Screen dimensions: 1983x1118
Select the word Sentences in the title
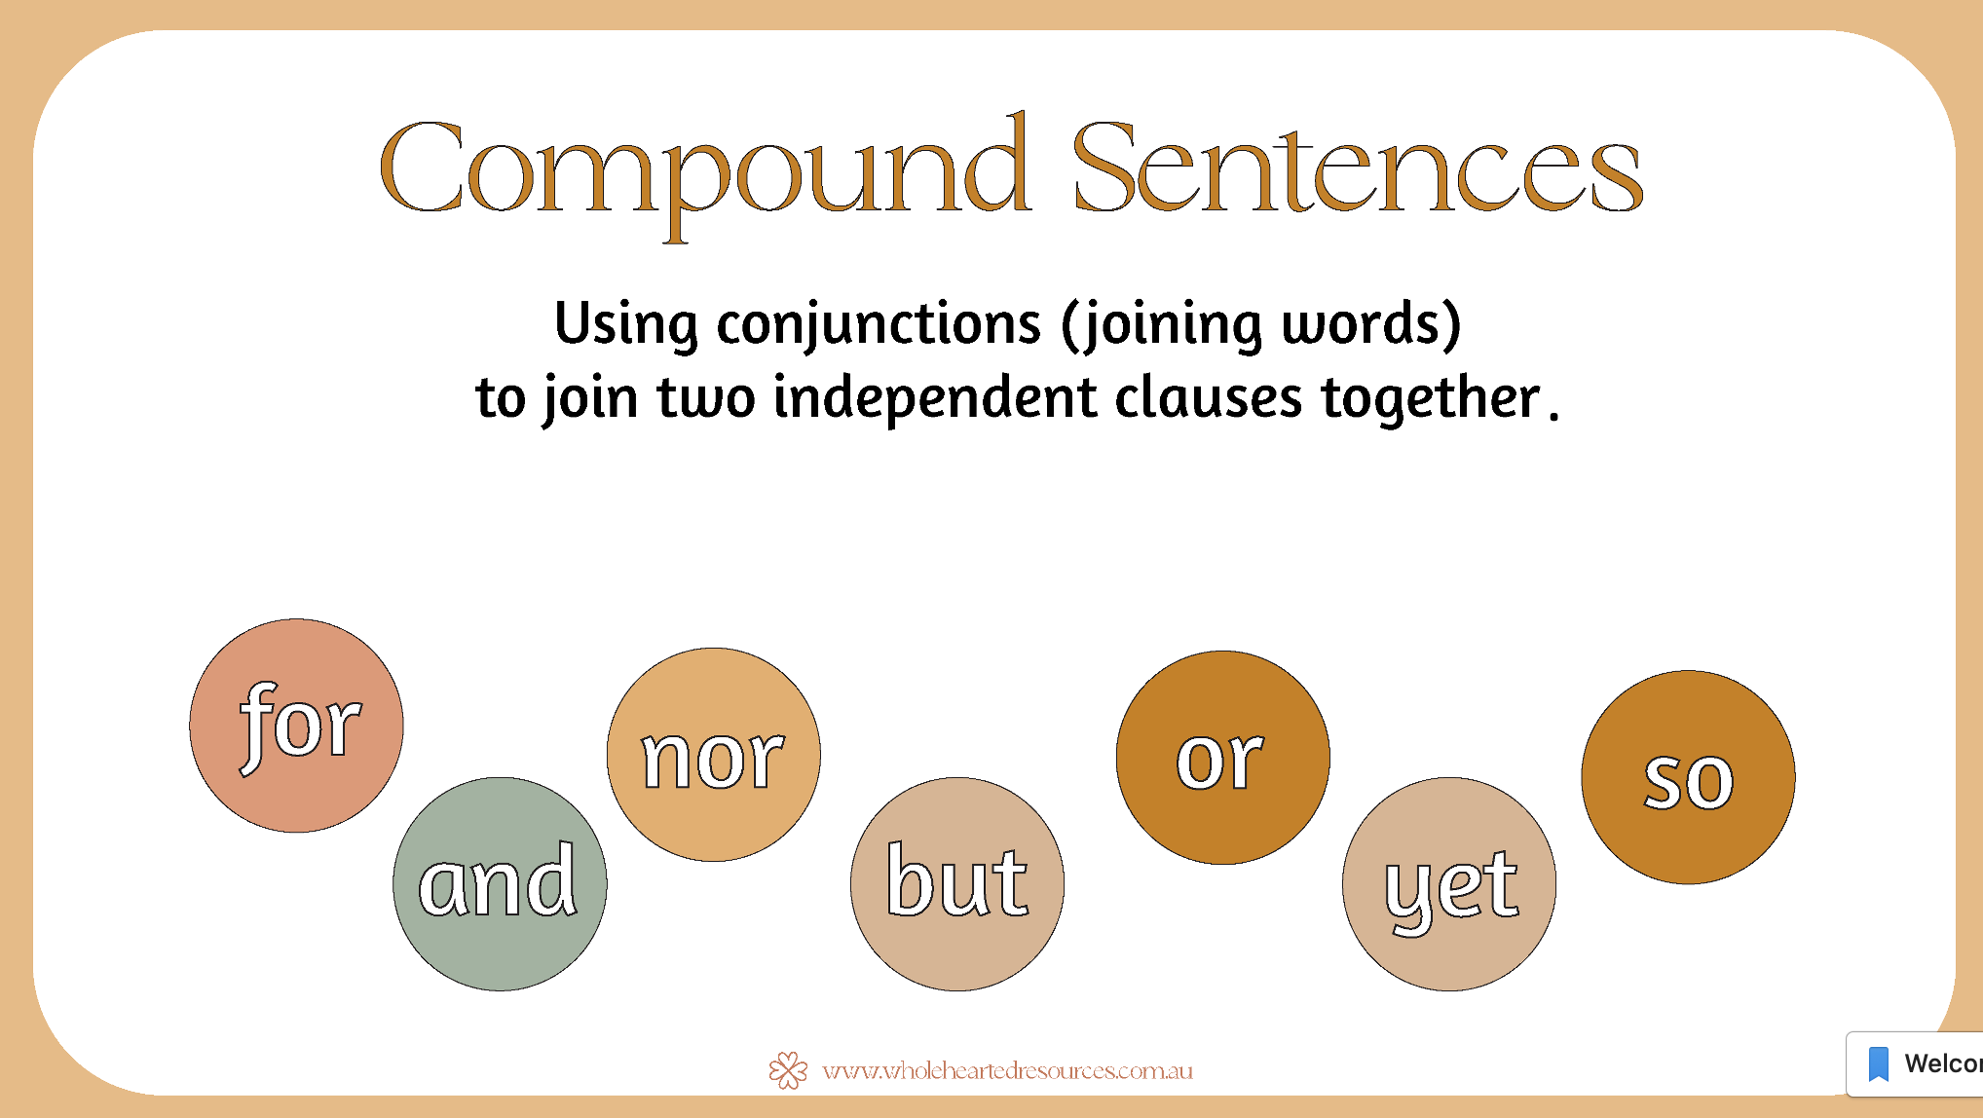[x=1358, y=166]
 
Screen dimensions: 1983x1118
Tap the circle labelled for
[x=297, y=726]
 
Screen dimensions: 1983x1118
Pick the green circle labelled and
[x=500, y=884]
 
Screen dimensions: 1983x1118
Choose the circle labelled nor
[x=714, y=755]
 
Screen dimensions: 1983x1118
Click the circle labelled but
[x=957, y=884]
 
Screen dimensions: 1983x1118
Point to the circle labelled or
[x=1223, y=758]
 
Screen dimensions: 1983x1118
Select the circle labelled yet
[x=1449, y=884]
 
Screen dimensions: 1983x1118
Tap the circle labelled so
[x=1689, y=777]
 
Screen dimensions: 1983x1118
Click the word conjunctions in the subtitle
[x=879, y=325]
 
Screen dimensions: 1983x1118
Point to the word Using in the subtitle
[x=626, y=324]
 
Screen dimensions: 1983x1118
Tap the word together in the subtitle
[x=1431, y=398]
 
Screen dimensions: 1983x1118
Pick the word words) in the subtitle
[x=1372, y=324]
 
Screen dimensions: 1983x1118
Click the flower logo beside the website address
[x=788, y=1070]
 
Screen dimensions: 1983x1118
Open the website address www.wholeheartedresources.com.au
[x=1007, y=1071]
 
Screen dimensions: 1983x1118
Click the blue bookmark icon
[x=1879, y=1063]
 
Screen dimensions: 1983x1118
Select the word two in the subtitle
[x=706, y=398]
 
